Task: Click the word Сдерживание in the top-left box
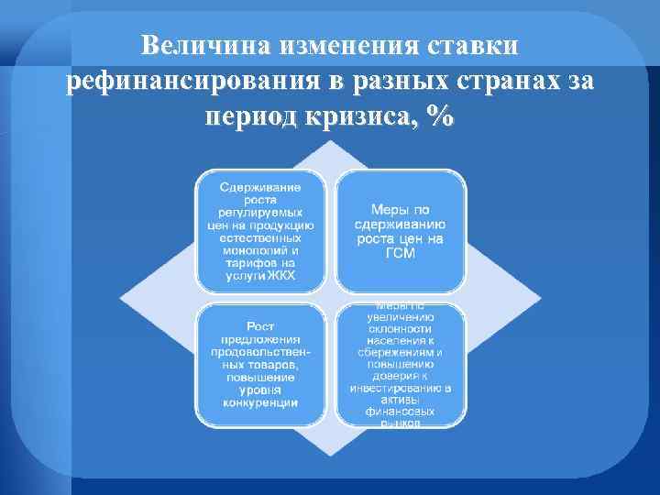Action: (x=261, y=186)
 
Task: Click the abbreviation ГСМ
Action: (x=400, y=255)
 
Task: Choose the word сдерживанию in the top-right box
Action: (x=401, y=224)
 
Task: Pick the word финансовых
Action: (x=400, y=412)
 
